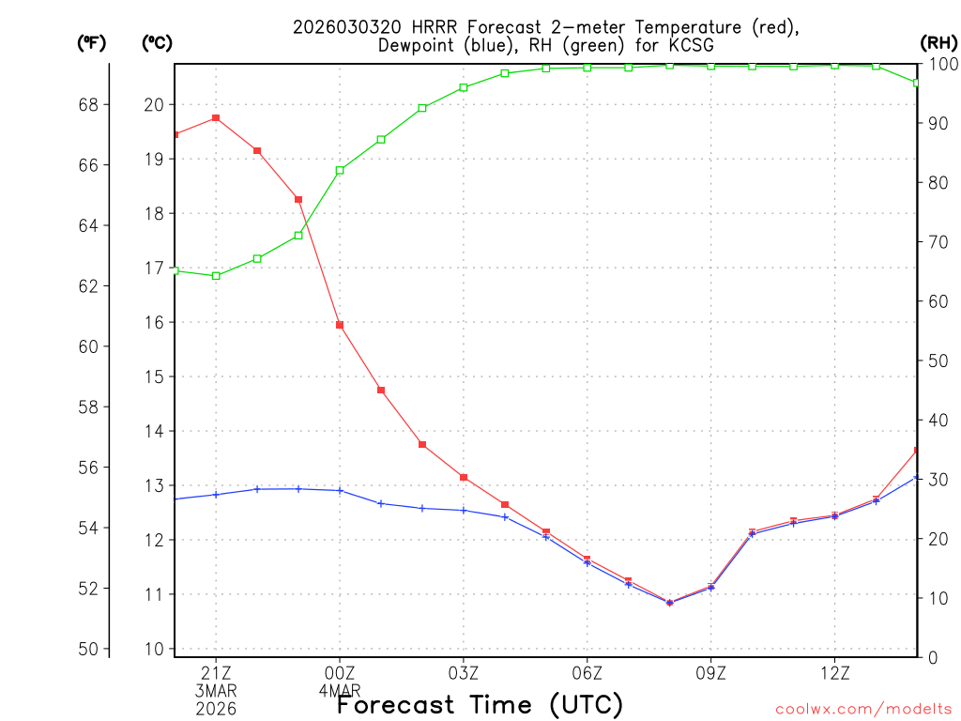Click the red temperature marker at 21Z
216,117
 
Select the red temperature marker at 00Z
340,325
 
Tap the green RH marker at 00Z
340,170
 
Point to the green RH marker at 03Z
464,87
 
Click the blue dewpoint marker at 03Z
464,510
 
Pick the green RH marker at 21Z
216,276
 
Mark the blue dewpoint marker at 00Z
340,490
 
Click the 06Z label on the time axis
587,673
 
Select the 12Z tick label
834,673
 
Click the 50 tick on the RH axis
937,360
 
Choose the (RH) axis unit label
938,42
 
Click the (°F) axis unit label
92,42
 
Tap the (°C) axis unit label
158,42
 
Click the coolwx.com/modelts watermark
863,709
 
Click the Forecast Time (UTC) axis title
480,704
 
